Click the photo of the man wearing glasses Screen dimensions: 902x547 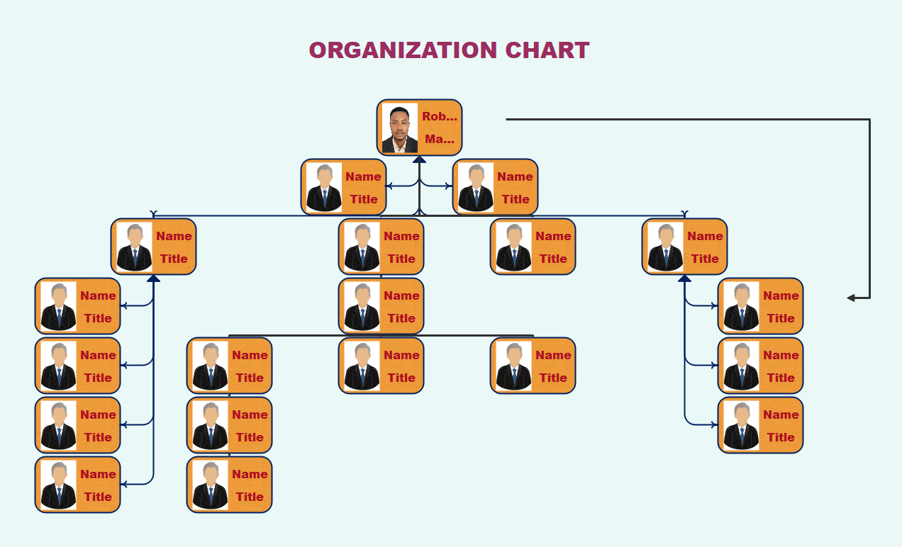tap(400, 128)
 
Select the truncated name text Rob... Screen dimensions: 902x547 tap(439, 116)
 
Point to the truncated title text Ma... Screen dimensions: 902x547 tap(439, 139)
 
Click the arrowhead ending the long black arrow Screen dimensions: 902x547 tap(852, 298)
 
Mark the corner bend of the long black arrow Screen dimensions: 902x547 tap(869, 120)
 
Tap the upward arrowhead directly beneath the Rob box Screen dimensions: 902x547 tap(419, 159)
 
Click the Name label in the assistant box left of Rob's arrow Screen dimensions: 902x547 tap(363, 176)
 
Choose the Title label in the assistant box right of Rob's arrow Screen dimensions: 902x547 tap(516, 199)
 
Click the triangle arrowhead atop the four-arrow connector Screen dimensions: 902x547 tap(153, 278)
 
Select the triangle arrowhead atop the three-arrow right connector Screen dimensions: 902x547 tap(684, 278)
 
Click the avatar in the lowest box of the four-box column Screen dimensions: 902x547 tap(58, 485)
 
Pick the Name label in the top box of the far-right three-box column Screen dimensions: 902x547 tap(781, 295)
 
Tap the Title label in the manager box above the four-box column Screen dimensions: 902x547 tap(174, 259)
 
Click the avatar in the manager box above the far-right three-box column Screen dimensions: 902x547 tap(665, 247)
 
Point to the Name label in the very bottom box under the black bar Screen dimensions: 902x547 tap(250, 474)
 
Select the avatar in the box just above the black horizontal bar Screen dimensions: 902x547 tap(362, 307)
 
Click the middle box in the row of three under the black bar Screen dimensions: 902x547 tap(381, 366)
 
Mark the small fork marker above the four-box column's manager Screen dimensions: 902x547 tap(153, 213)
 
